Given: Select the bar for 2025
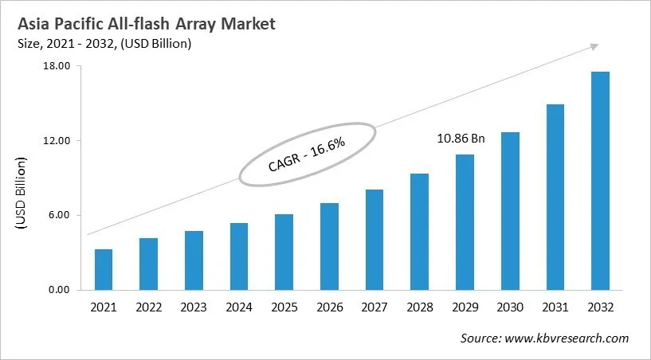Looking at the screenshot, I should [x=284, y=252].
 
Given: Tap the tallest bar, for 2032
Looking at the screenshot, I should [x=600, y=181].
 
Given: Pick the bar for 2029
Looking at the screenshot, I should [x=465, y=222].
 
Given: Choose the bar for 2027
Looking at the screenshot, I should [x=375, y=239].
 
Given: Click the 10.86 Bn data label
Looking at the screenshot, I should [x=461, y=138].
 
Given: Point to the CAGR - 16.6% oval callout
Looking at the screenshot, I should [x=307, y=155].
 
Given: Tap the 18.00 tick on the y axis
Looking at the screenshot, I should [x=59, y=66].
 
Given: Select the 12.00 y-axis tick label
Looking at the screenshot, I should [x=59, y=141].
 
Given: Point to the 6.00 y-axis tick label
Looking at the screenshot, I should [x=61, y=215].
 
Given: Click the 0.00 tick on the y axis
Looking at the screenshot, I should [x=61, y=290].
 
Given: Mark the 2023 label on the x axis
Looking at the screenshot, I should [x=194, y=307].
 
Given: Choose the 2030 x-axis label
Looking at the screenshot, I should [x=510, y=307].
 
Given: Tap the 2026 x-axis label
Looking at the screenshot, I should [x=329, y=307].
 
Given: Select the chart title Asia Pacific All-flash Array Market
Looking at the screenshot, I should [x=147, y=25].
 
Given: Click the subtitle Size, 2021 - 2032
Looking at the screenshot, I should [x=104, y=45].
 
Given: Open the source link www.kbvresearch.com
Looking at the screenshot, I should [x=567, y=338].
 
